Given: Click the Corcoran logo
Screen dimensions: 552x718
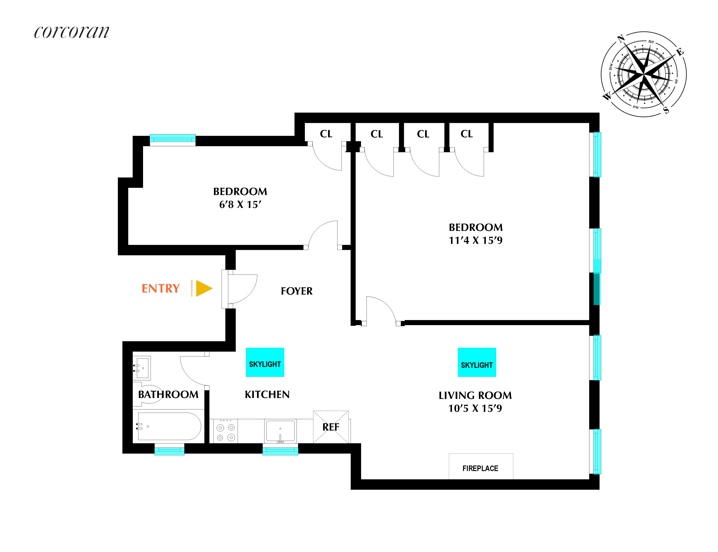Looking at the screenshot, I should [71, 32].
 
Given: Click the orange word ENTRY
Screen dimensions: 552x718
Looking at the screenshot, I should [161, 289].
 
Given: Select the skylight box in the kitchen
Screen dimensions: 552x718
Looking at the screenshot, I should [265, 362].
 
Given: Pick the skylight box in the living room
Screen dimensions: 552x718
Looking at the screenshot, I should [477, 362].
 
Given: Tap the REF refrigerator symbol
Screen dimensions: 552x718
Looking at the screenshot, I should [331, 427].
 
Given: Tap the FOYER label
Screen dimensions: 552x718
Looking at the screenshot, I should [297, 291].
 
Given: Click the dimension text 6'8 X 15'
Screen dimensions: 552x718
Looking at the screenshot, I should [240, 205].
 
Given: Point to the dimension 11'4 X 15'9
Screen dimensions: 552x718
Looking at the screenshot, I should [476, 240].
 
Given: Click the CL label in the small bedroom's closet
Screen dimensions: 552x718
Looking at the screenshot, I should [326, 134].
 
